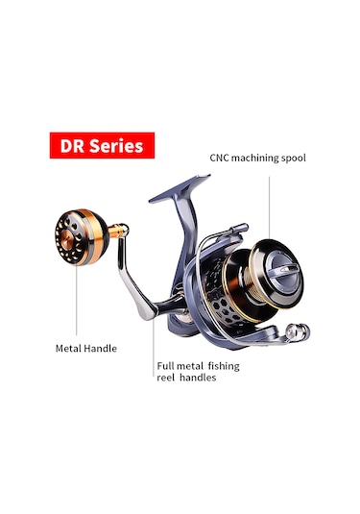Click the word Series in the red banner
pos(115,145)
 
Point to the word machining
pos(259,157)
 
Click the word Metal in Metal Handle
pos(68,348)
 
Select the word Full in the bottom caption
pos(167,365)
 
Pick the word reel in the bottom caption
pos(166,378)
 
